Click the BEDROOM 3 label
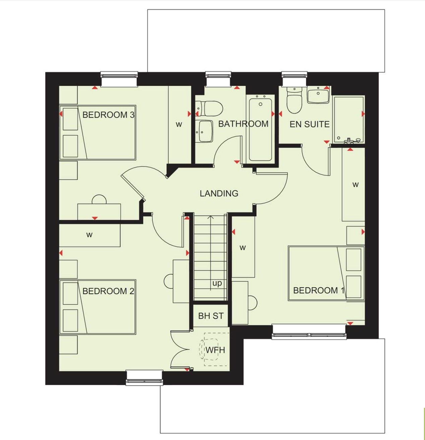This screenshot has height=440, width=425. click(x=108, y=115)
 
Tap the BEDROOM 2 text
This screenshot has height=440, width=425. click(x=108, y=291)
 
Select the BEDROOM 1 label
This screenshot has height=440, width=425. click(x=319, y=290)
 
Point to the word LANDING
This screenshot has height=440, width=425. click(x=219, y=193)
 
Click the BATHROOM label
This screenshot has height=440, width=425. click(x=243, y=124)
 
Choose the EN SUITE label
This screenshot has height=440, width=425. click(x=309, y=124)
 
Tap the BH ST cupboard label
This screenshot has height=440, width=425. click(x=211, y=316)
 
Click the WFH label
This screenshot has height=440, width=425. click(x=215, y=350)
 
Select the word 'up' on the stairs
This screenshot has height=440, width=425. click(x=217, y=283)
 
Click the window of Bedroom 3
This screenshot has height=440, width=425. click(x=119, y=79)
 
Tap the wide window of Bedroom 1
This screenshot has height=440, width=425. click(x=309, y=332)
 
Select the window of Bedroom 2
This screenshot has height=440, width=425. click(x=144, y=377)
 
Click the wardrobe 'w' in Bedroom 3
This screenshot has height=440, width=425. click(x=179, y=125)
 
